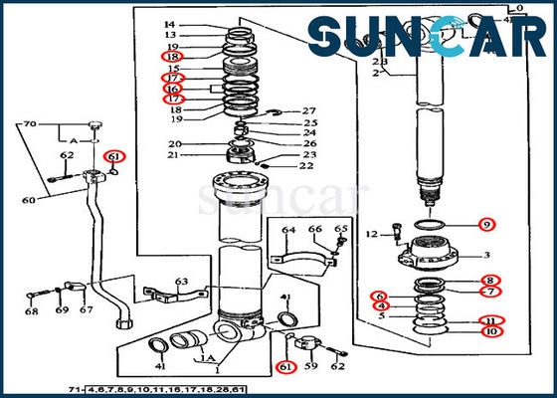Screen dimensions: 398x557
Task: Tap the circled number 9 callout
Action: click(x=485, y=224)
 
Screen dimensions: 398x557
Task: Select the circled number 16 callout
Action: click(x=172, y=88)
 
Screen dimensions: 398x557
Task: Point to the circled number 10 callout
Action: click(x=490, y=330)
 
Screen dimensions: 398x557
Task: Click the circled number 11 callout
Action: click(x=490, y=319)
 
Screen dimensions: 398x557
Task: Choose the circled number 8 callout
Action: click(x=491, y=280)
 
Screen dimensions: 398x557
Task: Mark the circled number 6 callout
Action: click(x=379, y=296)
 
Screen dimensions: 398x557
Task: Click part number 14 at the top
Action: click(x=169, y=24)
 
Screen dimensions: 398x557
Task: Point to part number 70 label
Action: click(x=30, y=124)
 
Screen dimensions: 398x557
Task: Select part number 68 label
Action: click(x=33, y=311)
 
